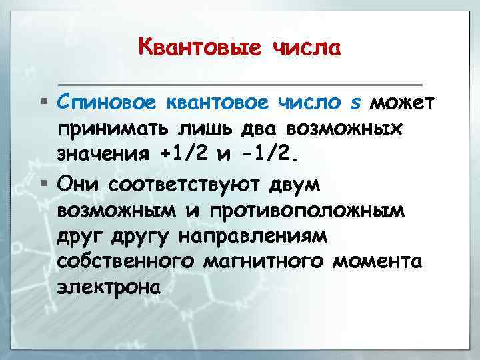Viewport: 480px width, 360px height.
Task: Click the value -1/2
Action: (272, 155)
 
